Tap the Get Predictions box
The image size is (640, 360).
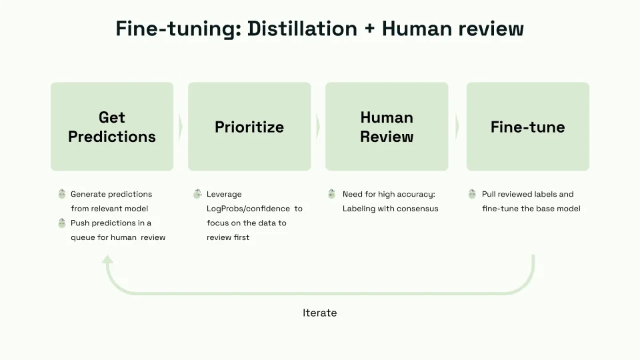coord(112,127)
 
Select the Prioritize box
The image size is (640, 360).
coord(249,127)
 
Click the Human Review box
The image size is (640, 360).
coord(387,127)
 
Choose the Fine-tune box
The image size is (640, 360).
coord(527,127)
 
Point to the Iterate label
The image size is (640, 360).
coord(319,313)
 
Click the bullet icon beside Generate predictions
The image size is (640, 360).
coord(62,194)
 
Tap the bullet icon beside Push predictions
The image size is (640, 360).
coord(62,223)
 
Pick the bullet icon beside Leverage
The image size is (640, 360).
coord(197,194)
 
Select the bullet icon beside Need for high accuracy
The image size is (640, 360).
coord(332,194)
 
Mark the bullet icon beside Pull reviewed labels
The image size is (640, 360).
coord(472,194)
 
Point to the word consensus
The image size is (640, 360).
coord(418,209)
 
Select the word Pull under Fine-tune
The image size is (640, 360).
coord(489,194)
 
